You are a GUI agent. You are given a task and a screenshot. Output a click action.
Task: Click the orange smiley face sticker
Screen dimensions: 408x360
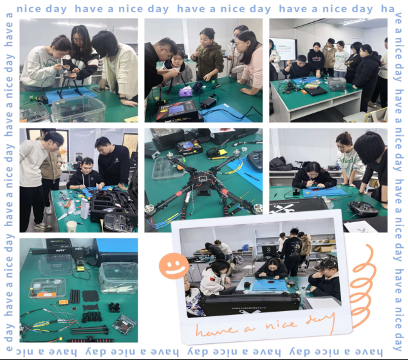pyautogui.click(x=174, y=266)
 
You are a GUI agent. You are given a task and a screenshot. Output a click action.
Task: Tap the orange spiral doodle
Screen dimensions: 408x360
pyautogui.click(x=362, y=287)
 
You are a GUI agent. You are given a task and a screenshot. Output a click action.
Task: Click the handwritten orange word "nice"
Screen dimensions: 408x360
pyautogui.click(x=281, y=324)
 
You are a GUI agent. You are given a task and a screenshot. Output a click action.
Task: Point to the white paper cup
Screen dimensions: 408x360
pyautogui.click(x=71, y=226)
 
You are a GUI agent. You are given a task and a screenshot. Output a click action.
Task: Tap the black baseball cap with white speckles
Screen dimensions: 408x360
pyautogui.click(x=325, y=263)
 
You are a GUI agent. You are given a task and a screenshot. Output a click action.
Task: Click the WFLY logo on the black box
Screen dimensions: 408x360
pyautogui.click(x=60, y=250)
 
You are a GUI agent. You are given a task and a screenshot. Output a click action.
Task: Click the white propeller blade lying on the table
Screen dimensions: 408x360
pyautogui.click(x=63, y=216)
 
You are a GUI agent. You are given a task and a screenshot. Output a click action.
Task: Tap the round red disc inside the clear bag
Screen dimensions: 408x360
pyautogui.click(x=123, y=325)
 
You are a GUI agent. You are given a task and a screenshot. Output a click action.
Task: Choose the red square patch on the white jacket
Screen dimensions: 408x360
pyautogui.click(x=212, y=279)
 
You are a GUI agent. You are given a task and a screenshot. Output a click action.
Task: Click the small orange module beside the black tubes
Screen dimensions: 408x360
pyautogui.click(x=62, y=302)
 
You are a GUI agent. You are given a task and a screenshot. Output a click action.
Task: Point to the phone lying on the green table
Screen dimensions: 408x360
pyautogui.click(x=98, y=89)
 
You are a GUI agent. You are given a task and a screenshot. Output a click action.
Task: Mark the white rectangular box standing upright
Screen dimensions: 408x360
pyautogui.click(x=85, y=209)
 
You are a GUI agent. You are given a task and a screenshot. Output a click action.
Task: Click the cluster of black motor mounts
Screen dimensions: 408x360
pyautogui.click(x=114, y=307)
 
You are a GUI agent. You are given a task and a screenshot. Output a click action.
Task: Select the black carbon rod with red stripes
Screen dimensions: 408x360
pyautogui.click(x=90, y=340)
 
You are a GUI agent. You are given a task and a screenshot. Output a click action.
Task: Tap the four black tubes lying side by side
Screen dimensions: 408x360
pyautogui.click(x=75, y=296)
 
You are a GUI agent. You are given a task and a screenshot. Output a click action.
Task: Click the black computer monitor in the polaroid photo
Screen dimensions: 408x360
pyautogui.click(x=269, y=251)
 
